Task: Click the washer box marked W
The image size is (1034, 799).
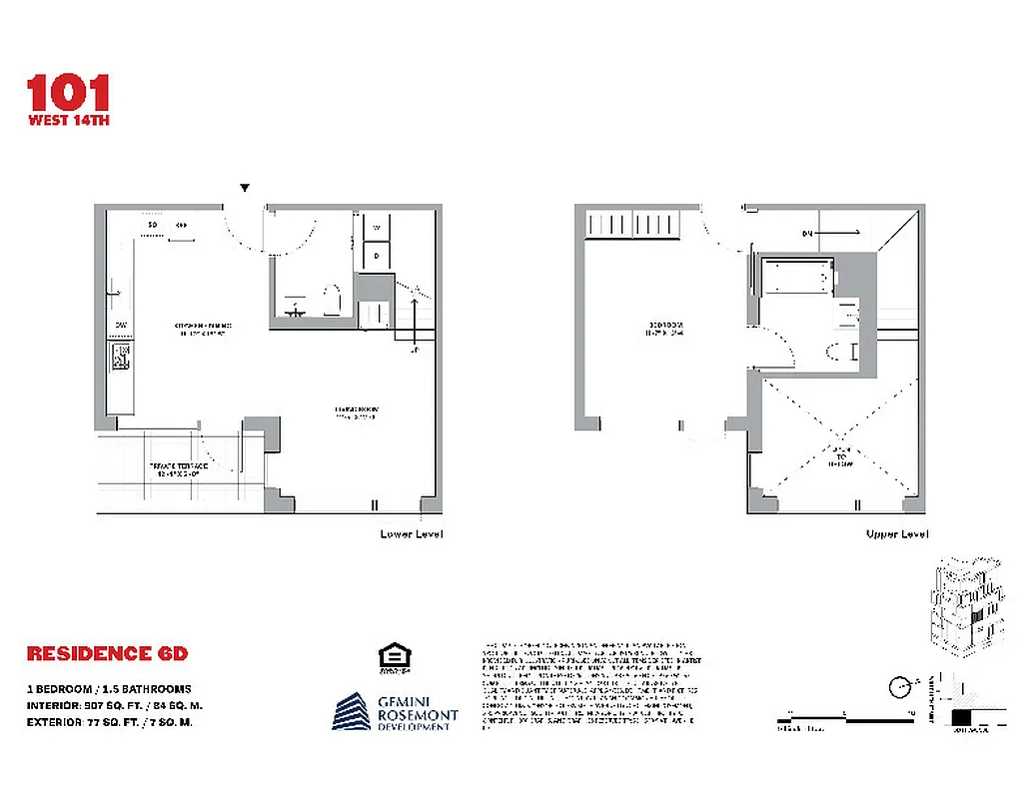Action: pyautogui.click(x=377, y=228)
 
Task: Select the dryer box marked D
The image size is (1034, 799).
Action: pyautogui.click(x=377, y=256)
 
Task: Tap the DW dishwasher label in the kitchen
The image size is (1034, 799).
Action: pyautogui.click(x=119, y=325)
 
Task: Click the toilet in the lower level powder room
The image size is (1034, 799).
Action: pyautogui.click(x=333, y=299)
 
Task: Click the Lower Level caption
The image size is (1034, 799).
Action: pyautogui.click(x=411, y=534)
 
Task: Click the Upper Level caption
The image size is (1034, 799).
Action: pyautogui.click(x=896, y=534)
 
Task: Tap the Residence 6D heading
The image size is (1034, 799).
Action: pyautogui.click(x=107, y=654)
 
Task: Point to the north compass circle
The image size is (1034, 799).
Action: pyautogui.click(x=900, y=686)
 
